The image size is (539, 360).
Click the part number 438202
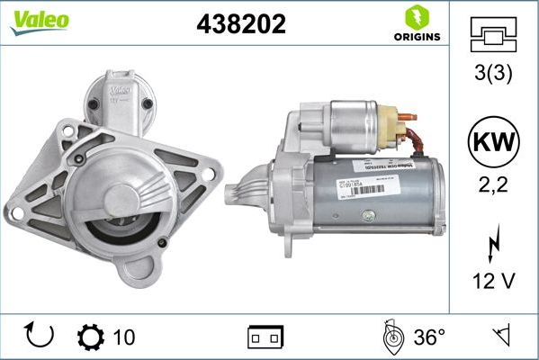click(x=240, y=24)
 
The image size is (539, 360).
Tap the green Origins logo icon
click(x=417, y=15)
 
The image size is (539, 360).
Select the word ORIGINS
click(x=417, y=37)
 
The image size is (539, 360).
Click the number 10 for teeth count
click(x=124, y=337)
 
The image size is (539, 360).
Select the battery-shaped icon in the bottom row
click(x=265, y=337)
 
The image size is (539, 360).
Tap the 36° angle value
click(x=429, y=337)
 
